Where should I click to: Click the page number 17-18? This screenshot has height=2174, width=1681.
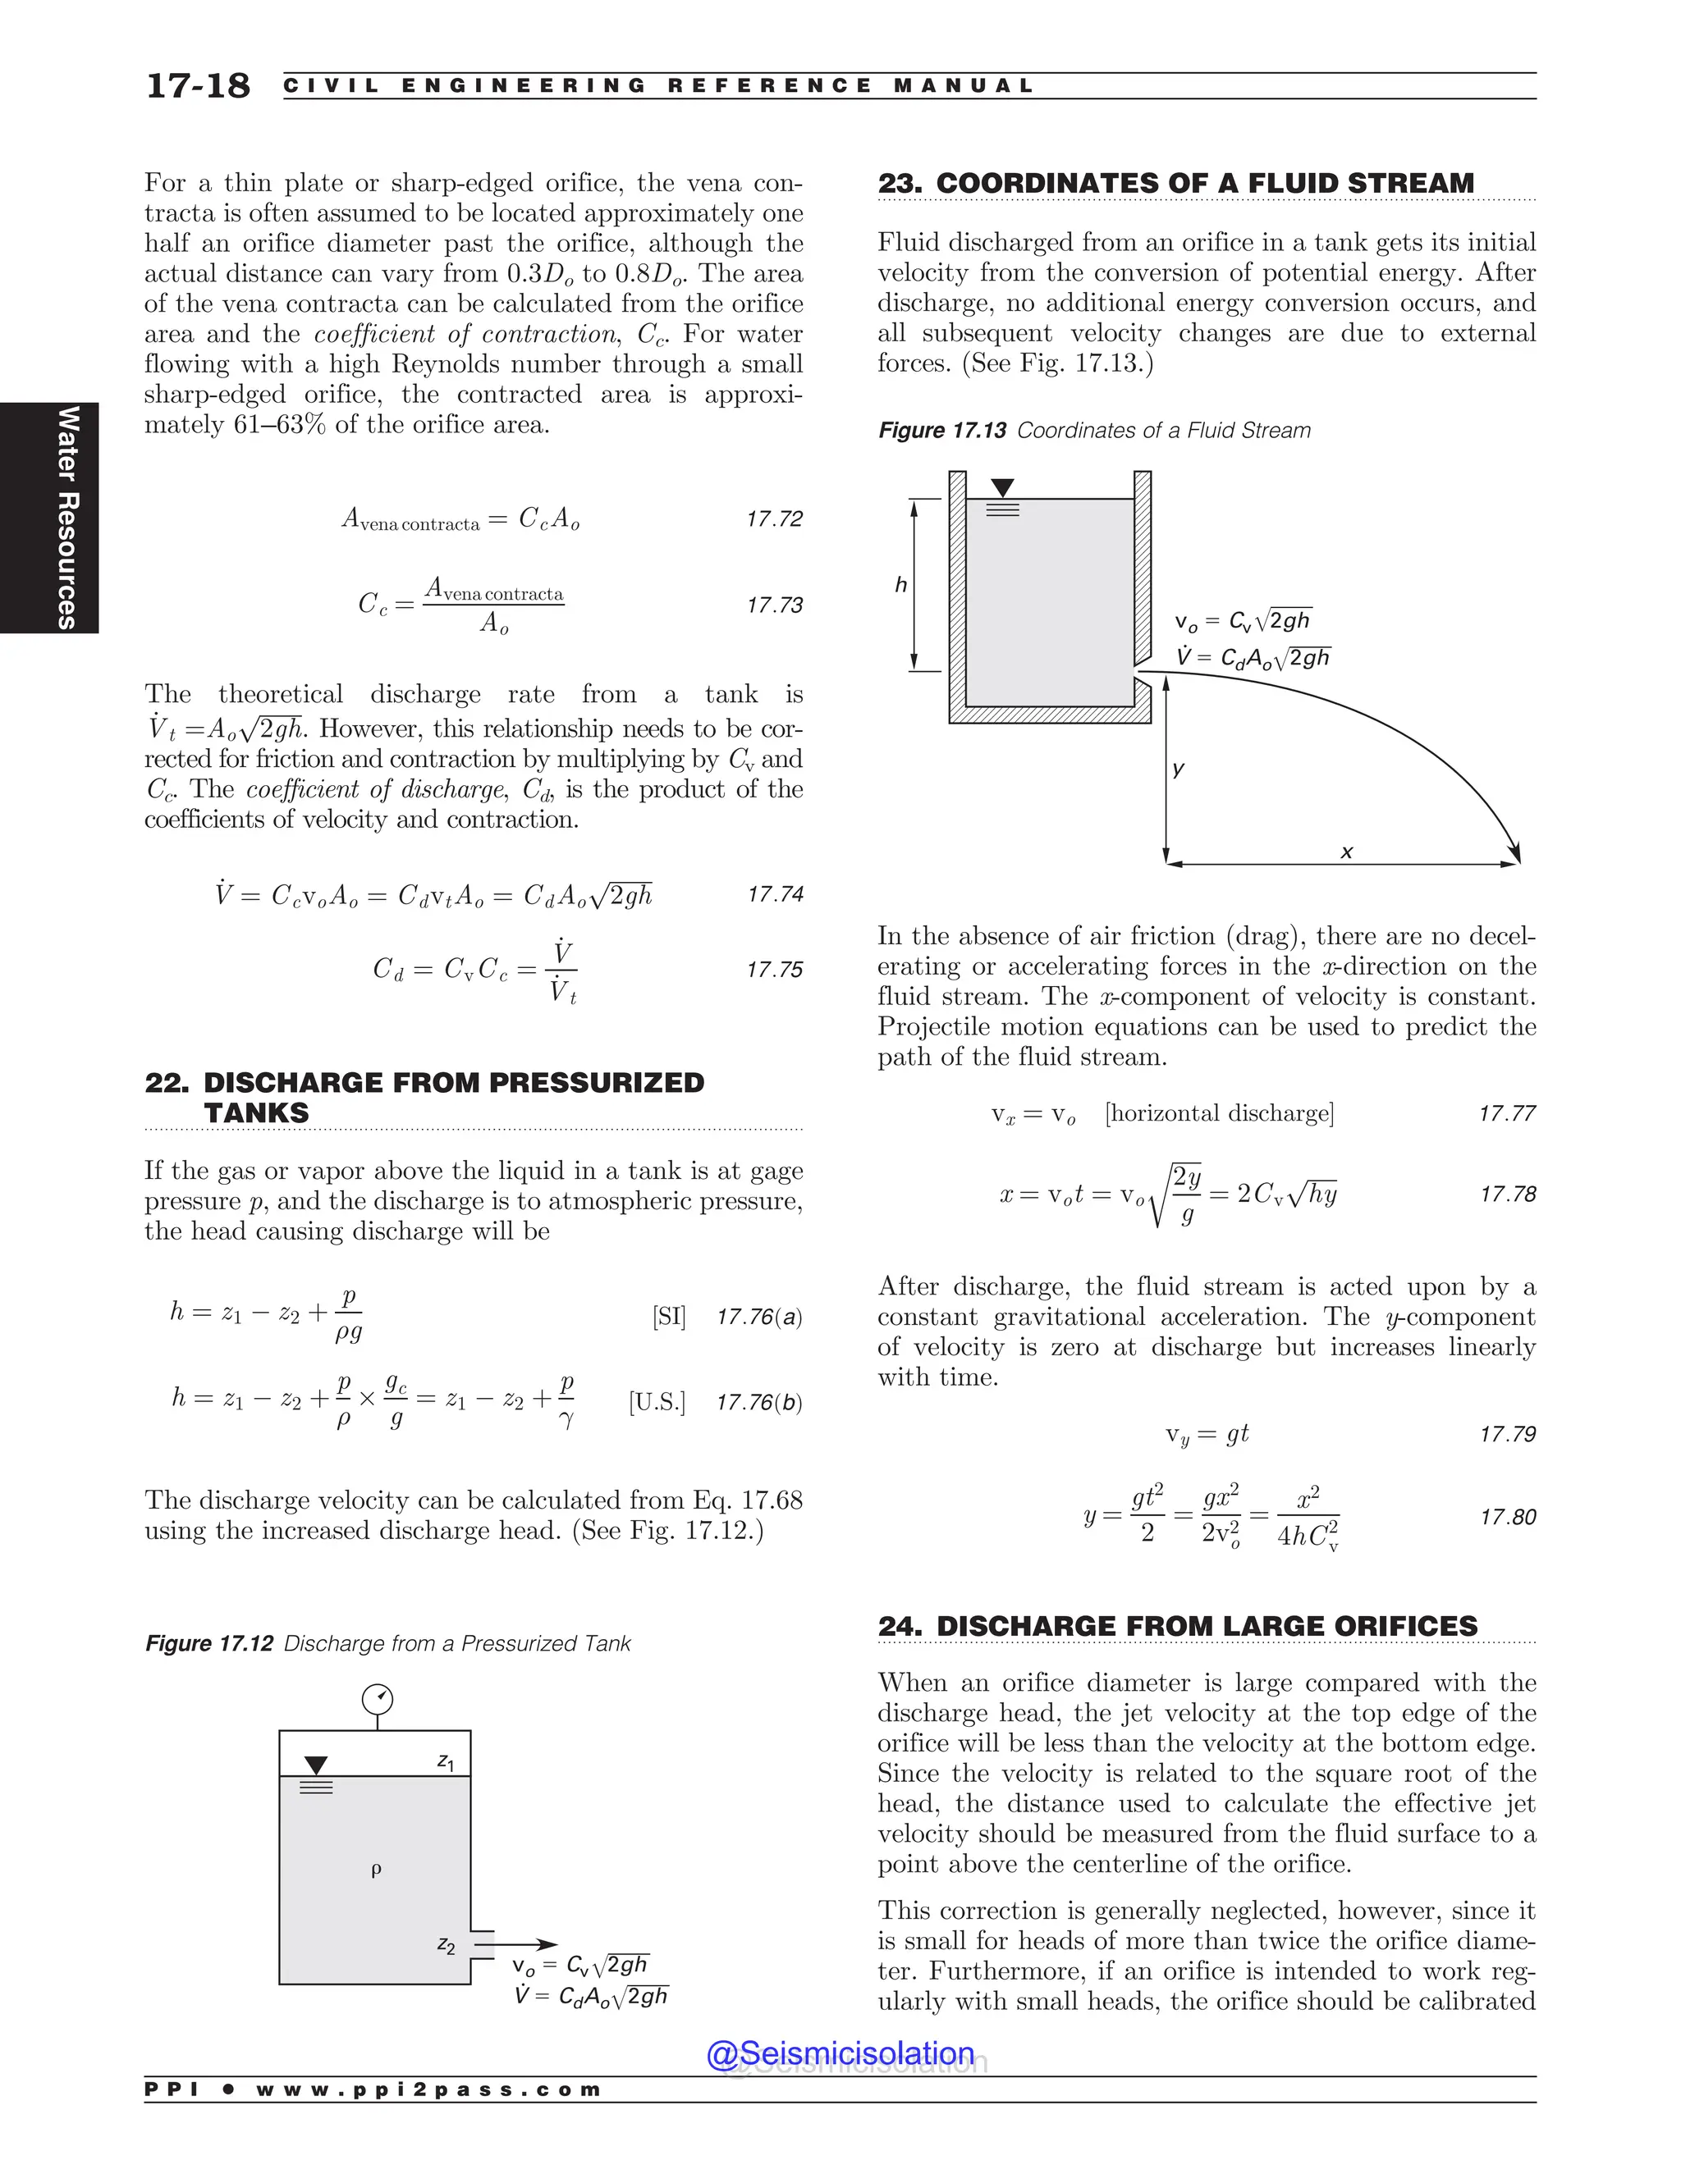click(198, 85)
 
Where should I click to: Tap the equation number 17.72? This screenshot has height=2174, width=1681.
click(774, 518)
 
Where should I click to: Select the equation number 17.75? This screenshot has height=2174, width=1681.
click(774, 970)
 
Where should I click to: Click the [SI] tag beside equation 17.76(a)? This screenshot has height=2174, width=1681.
click(669, 1317)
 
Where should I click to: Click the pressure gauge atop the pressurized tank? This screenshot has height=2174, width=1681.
click(378, 1699)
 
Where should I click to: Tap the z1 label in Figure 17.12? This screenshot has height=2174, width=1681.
click(447, 1761)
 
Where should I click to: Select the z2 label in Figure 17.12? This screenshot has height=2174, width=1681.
click(447, 1944)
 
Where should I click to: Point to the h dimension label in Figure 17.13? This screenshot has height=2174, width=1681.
click(901, 584)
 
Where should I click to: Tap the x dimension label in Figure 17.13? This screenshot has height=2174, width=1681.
click(1346, 852)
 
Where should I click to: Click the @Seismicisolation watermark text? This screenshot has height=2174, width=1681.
click(840, 2053)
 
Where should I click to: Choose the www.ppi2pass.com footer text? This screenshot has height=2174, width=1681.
click(428, 2090)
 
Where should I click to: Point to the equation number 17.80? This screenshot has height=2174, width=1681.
click(1507, 1517)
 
